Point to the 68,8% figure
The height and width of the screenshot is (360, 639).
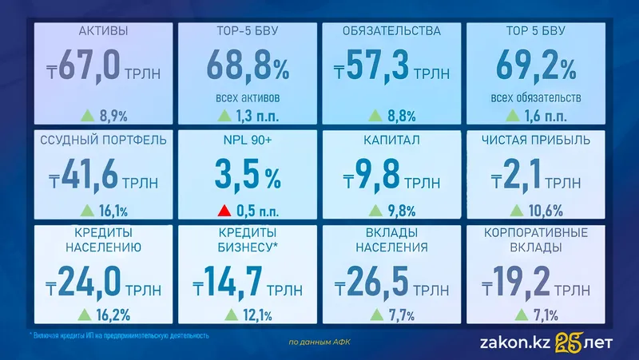pos(248,66)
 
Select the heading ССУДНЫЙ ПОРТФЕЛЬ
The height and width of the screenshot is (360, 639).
pos(104,140)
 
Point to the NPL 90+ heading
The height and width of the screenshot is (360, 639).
pos(248,140)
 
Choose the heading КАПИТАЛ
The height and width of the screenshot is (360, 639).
pos(391,140)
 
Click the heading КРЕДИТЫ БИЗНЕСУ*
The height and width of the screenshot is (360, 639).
pos(248,239)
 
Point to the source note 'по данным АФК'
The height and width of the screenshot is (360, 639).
pos(319,342)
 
